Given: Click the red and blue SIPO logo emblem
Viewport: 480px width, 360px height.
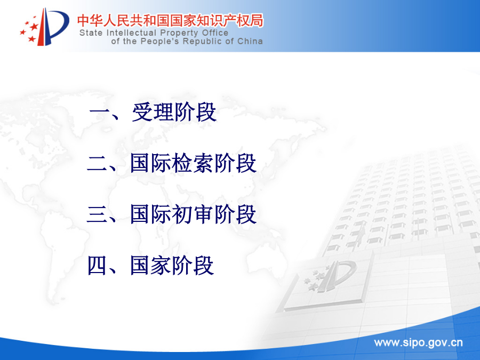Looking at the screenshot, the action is click(44, 27).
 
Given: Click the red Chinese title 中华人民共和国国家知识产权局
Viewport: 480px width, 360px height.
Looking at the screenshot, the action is click(170, 20).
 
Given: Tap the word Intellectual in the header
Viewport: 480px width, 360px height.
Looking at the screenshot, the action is click(132, 33).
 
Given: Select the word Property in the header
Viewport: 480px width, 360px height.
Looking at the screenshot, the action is click(179, 33).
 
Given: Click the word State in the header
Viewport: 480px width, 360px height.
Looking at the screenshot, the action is click(91, 33).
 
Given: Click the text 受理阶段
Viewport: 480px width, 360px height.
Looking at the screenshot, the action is click(174, 112).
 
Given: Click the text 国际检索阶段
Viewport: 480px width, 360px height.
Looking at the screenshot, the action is click(193, 163).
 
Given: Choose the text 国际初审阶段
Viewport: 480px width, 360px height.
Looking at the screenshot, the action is click(193, 214).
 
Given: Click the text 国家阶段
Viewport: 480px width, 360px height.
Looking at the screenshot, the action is click(172, 266).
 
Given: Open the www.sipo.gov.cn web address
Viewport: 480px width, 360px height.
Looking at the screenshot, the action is click(418, 343).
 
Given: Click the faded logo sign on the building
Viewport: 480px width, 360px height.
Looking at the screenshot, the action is click(331, 276).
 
